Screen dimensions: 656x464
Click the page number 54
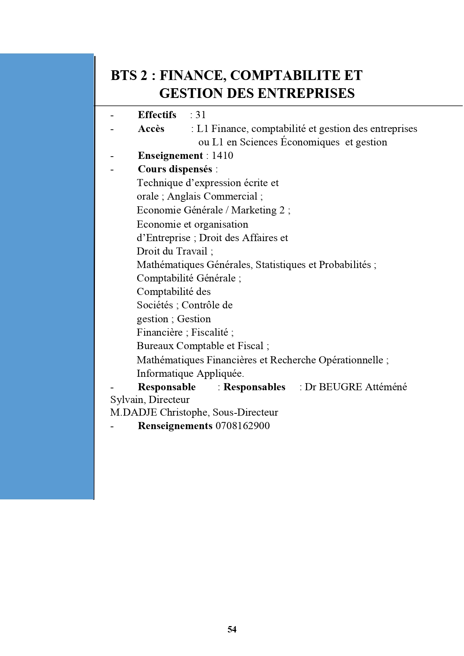(232, 629)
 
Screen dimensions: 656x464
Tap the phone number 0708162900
(242, 426)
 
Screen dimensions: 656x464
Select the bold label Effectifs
(157, 115)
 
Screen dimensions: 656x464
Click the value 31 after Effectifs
(201, 115)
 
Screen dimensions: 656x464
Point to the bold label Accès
(151, 129)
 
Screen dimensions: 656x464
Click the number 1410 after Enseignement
(222, 155)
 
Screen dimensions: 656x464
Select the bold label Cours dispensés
(175, 169)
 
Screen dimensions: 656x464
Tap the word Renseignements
(175, 426)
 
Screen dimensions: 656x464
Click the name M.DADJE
(133, 412)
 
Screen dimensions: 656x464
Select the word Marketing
(254, 210)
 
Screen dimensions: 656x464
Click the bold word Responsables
(254, 387)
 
